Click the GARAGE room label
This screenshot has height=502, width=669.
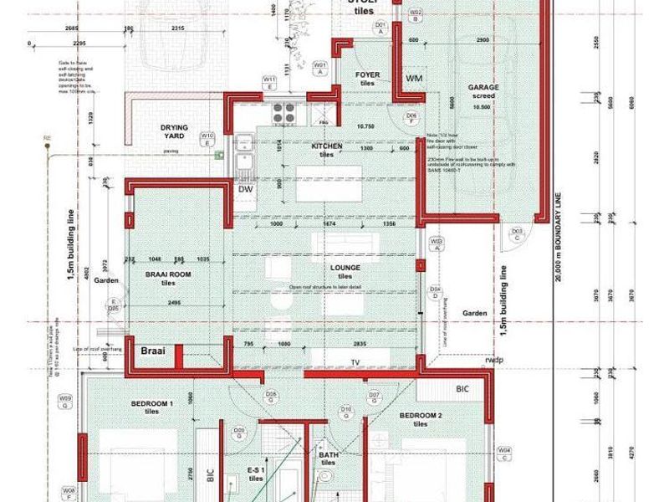coord(484,87)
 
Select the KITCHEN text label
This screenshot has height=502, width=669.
coord(327,146)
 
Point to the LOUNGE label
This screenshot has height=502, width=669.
coord(345,268)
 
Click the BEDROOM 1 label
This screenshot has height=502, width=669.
coord(151,404)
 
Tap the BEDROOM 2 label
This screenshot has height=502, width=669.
coord(419,416)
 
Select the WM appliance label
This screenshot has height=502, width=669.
coord(414,78)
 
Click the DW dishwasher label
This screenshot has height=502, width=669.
coord(245,189)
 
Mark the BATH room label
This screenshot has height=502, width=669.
coord(329,456)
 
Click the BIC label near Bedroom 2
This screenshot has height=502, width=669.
coord(462,389)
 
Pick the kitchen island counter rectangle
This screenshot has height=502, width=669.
coord(329,183)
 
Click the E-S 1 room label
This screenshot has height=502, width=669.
coord(256,470)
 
